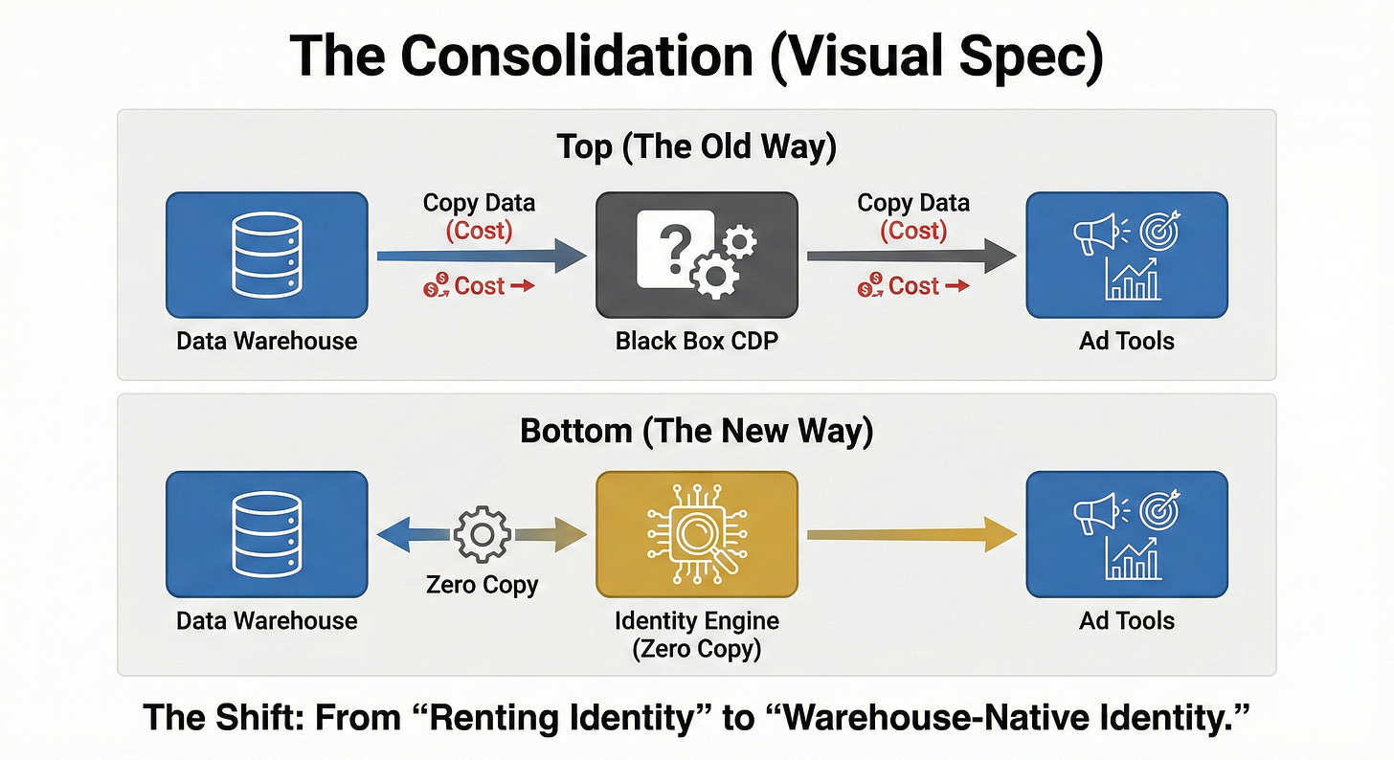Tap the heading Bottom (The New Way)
click(x=696, y=431)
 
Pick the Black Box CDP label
click(x=696, y=340)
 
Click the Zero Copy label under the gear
click(x=482, y=585)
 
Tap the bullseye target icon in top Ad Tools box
click(x=1161, y=230)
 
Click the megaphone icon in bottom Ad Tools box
click(x=1095, y=513)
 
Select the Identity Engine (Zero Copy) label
click(x=696, y=634)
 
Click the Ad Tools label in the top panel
click(x=1127, y=340)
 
